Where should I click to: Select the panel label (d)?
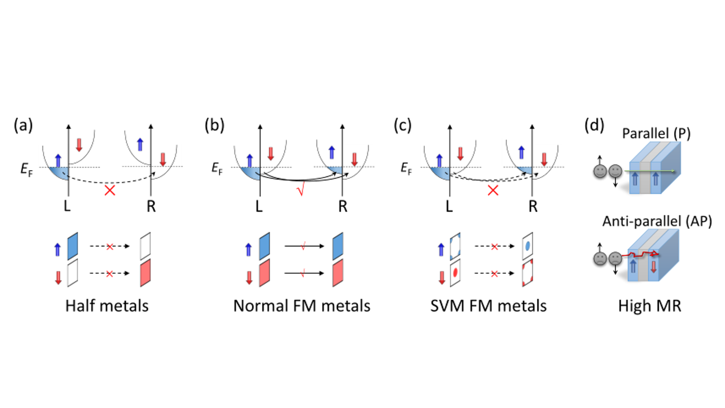click(x=595, y=127)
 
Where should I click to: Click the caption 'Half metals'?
click(x=107, y=306)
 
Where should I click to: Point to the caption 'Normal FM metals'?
click(x=302, y=306)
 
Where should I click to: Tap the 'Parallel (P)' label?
click(x=656, y=133)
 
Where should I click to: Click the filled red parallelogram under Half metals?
click(x=146, y=273)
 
